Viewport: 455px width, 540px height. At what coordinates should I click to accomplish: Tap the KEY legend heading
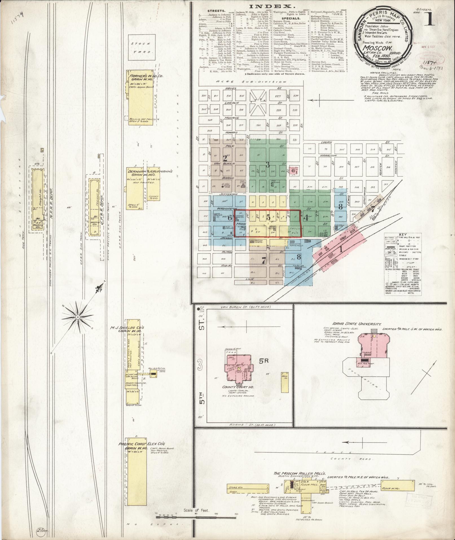pos(403,235)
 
